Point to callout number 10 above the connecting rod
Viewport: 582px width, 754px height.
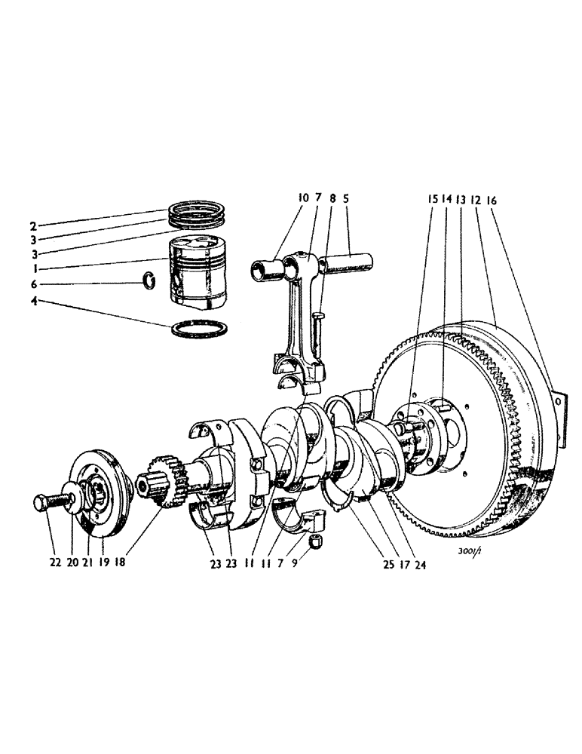[303, 198]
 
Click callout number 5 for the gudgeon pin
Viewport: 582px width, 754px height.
[345, 198]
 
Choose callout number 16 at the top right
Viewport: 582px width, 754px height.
[513, 201]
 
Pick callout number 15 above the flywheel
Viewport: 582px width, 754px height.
[433, 201]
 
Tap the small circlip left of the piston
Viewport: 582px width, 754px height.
[149, 281]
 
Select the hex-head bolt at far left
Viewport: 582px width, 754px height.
[47, 504]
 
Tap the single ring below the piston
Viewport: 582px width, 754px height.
[200, 329]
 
